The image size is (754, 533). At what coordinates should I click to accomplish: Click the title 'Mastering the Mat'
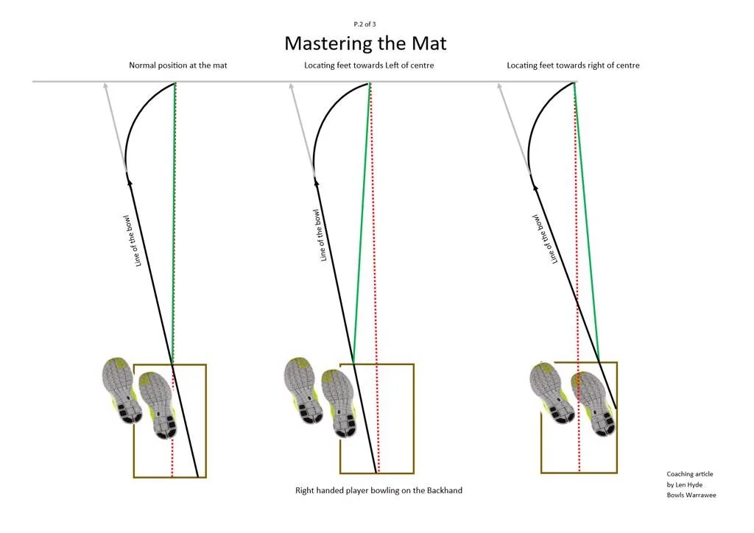click(x=365, y=43)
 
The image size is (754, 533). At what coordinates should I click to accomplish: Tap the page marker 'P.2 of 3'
click(x=364, y=24)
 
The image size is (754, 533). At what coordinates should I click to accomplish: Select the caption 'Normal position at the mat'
click(x=178, y=66)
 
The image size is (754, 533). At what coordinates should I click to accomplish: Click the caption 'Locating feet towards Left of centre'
click(x=369, y=66)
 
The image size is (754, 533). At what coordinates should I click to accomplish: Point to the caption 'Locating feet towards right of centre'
click(x=573, y=66)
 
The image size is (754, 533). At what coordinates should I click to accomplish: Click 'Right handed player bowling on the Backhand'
click(x=379, y=490)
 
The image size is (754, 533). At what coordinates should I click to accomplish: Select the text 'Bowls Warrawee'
click(x=691, y=495)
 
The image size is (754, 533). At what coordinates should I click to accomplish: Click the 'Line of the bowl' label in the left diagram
click(x=133, y=241)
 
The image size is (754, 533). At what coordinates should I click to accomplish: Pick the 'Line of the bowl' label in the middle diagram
click(x=320, y=236)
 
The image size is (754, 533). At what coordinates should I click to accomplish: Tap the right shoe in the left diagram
click(x=159, y=405)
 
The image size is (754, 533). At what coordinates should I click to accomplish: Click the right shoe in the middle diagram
click(x=340, y=403)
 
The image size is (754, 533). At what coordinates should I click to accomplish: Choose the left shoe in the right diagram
click(x=551, y=393)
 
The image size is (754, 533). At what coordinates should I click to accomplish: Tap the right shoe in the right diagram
click(x=593, y=403)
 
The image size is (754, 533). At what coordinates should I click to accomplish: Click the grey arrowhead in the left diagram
click(x=105, y=86)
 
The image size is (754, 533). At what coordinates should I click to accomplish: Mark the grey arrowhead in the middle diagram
click(x=291, y=86)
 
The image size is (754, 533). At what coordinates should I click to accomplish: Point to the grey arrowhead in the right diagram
click(x=500, y=86)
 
